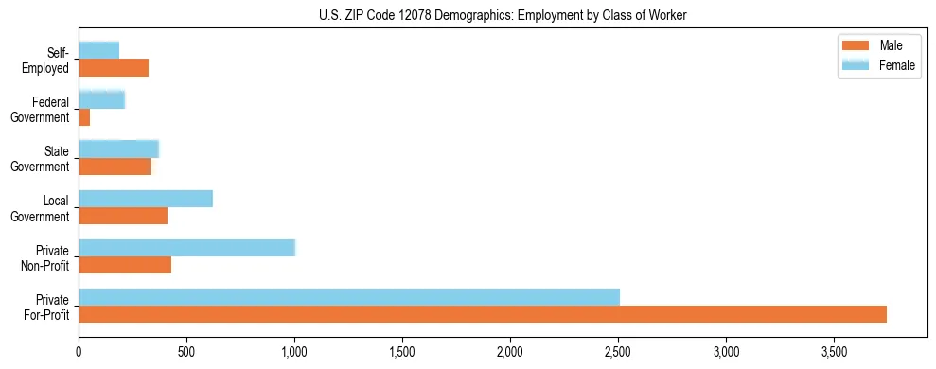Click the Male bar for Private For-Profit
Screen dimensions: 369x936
coord(483,314)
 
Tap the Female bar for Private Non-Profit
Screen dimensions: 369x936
coord(187,248)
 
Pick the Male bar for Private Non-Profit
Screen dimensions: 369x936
coord(125,265)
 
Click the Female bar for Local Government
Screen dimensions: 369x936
coord(146,199)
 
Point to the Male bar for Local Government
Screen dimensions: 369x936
coord(123,216)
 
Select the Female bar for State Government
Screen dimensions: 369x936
coord(119,149)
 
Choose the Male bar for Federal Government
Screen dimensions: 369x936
coord(84,116)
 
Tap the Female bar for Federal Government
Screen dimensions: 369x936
coord(102,99)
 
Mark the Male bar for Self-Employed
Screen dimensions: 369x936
coord(114,67)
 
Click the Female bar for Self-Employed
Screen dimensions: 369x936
coord(99,50)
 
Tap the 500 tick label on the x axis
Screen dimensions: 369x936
coord(186,351)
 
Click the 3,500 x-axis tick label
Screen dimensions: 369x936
coord(833,351)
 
